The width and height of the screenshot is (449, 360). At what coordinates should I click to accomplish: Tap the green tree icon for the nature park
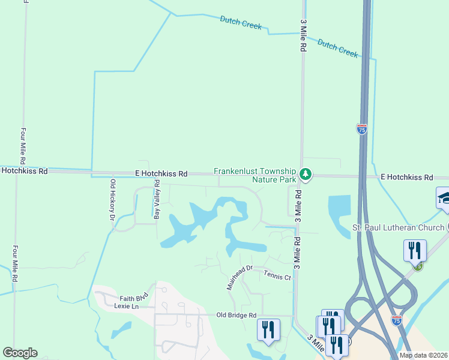coord(306,175)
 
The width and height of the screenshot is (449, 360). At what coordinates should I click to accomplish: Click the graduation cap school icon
coord(444,197)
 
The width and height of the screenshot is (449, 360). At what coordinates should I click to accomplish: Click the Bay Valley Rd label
coord(157,199)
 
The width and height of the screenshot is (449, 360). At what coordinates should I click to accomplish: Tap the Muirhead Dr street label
coord(241,278)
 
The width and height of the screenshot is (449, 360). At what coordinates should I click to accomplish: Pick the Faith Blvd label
coord(133,298)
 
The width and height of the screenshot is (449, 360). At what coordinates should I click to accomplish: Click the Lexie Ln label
coord(127,306)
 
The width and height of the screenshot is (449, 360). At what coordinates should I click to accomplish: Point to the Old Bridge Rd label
coord(236,315)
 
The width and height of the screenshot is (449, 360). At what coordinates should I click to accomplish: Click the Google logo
coord(20,353)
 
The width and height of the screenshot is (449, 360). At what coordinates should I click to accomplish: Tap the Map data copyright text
coord(424,355)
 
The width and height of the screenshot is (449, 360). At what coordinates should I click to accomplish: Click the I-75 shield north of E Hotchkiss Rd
coord(361,129)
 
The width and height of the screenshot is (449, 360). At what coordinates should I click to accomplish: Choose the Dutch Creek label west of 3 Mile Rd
coord(241,23)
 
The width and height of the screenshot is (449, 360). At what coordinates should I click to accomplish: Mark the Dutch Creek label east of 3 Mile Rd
coord(337,48)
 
